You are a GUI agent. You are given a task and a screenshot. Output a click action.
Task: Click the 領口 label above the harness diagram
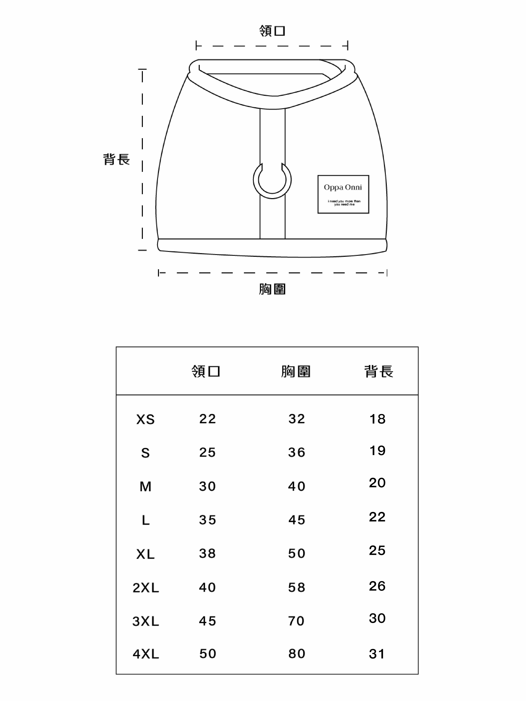pos(272,31)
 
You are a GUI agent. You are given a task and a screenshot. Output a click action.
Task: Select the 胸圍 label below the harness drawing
pos(272,289)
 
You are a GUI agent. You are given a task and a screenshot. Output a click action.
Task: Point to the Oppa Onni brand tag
pos(343,194)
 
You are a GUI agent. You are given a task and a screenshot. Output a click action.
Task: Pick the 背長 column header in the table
pos(379,371)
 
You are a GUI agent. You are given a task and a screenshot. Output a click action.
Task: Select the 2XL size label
pos(145,588)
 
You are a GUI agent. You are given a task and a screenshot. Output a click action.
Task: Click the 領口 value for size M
pos(207,486)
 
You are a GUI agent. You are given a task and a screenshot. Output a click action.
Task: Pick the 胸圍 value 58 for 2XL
pos(296,587)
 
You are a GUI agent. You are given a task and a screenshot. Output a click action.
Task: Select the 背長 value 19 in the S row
pos(377,450)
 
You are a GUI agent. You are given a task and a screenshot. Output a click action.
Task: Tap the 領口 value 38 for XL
pos(207,553)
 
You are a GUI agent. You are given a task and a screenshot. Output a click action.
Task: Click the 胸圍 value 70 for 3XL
pos(296,621)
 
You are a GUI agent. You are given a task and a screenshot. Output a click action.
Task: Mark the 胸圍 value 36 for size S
pos(296,452)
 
